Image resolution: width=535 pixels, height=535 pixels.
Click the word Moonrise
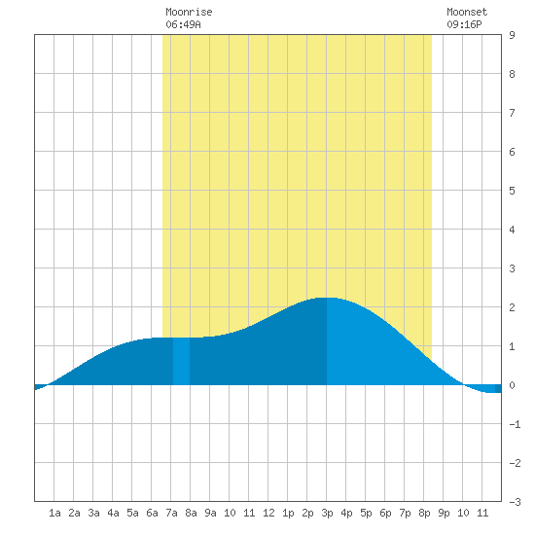coord(189,12)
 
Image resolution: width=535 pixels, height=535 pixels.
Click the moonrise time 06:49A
coord(183,24)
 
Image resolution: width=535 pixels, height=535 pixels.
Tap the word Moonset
coord(467,12)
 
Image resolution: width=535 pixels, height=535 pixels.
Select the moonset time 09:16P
coord(464,24)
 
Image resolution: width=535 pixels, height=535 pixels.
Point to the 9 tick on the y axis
coord(512,35)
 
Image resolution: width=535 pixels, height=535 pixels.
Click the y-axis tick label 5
coord(512,191)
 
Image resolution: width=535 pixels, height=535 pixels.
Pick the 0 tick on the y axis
coord(512,385)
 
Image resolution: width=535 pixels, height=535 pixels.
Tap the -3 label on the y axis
coord(515,502)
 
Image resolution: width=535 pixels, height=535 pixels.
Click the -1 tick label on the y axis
coord(515,424)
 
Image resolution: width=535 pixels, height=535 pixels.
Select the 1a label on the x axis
coord(54,513)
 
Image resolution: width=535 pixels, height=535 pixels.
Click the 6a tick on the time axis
coord(152,513)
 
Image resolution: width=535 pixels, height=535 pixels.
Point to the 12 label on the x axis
coord(268,513)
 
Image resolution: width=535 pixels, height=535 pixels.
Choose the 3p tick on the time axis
coord(327,513)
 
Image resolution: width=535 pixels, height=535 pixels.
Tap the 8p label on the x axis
coord(424,513)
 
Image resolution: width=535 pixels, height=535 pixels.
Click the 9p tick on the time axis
coord(444,513)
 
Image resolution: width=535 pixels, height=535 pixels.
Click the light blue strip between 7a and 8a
coord(181,361)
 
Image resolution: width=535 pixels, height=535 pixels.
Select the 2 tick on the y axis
coord(512,307)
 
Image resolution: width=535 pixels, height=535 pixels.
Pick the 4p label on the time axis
coord(346,513)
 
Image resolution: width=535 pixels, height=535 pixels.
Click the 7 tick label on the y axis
coord(512,113)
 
